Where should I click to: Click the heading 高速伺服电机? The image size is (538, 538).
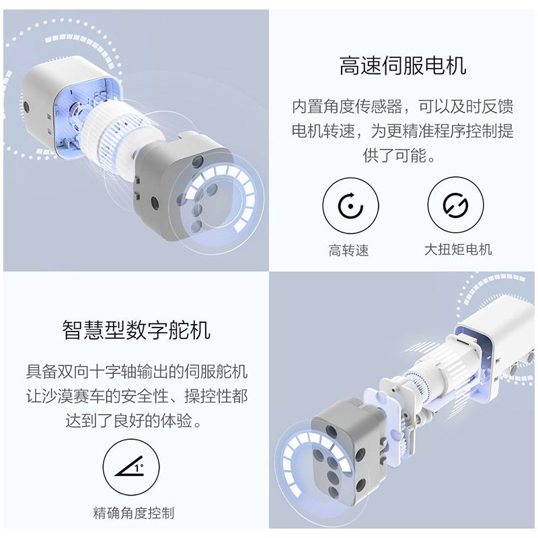click(x=402, y=66)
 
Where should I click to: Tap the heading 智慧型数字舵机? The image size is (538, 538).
click(x=137, y=330)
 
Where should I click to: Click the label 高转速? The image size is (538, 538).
click(x=349, y=251)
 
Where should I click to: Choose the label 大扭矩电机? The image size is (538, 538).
click(x=458, y=249)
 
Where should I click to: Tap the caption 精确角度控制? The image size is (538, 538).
click(x=134, y=513)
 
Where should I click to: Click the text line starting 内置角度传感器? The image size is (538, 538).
click(x=402, y=106)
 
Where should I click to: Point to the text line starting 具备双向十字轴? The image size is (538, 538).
click(x=137, y=371)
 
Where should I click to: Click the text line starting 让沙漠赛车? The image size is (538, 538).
click(x=137, y=396)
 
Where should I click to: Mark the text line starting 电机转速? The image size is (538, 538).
click(x=402, y=131)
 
